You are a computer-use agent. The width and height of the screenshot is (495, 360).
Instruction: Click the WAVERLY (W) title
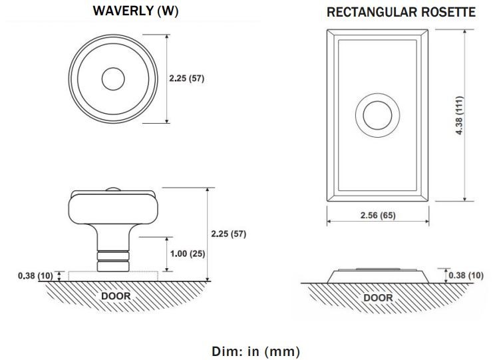point(136,11)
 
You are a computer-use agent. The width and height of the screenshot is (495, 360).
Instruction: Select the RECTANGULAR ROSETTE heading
point(401,13)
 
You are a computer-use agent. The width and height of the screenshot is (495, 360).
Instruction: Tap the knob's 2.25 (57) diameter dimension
point(186,78)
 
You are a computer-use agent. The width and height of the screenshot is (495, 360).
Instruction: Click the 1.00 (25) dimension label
point(188,254)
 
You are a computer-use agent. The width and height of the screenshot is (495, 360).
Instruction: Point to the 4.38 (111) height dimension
point(459,115)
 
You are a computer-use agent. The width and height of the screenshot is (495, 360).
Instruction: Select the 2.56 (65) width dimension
point(378,215)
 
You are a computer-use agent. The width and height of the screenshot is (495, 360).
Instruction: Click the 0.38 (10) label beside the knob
point(35,275)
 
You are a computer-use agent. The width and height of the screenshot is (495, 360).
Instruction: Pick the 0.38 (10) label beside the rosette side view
point(466,275)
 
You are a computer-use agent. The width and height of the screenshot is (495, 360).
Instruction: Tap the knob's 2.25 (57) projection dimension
point(229,234)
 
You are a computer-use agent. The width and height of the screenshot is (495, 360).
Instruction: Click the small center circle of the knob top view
point(113,79)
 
